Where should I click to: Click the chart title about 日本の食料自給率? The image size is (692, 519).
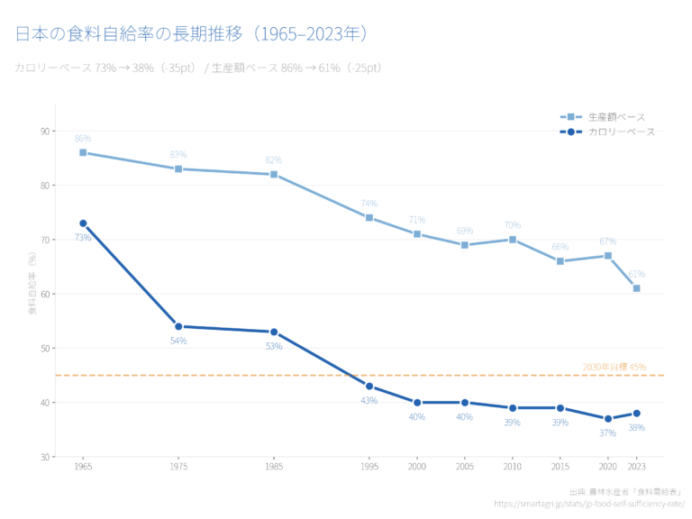pyautogui.click(x=192, y=34)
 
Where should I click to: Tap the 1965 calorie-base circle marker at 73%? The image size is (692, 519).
pyautogui.click(x=83, y=223)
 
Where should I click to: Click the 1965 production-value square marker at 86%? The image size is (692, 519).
pyautogui.click(x=83, y=152)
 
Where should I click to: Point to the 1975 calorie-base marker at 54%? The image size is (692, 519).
pyautogui.click(x=178, y=326)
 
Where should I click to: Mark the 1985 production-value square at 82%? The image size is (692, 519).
pyautogui.click(x=274, y=174)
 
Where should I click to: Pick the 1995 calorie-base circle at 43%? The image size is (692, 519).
pyautogui.click(x=369, y=386)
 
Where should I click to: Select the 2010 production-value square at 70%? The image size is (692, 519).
pyautogui.click(x=513, y=240)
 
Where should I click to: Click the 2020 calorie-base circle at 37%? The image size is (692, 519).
pyautogui.click(x=608, y=418)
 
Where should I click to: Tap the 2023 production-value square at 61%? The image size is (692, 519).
pyautogui.click(x=636, y=288)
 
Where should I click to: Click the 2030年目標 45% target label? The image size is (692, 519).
pyautogui.click(x=614, y=367)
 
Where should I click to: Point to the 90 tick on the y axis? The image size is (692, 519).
pyautogui.click(x=44, y=132)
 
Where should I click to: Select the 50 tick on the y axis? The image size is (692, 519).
pyautogui.click(x=44, y=348)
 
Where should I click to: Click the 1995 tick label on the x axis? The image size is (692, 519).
pyautogui.click(x=369, y=467)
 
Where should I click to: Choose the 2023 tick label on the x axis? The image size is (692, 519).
pyautogui.click(x=636, y=467)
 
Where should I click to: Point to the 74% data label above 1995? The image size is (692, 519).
pyautogui.click(x=369, y=204)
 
